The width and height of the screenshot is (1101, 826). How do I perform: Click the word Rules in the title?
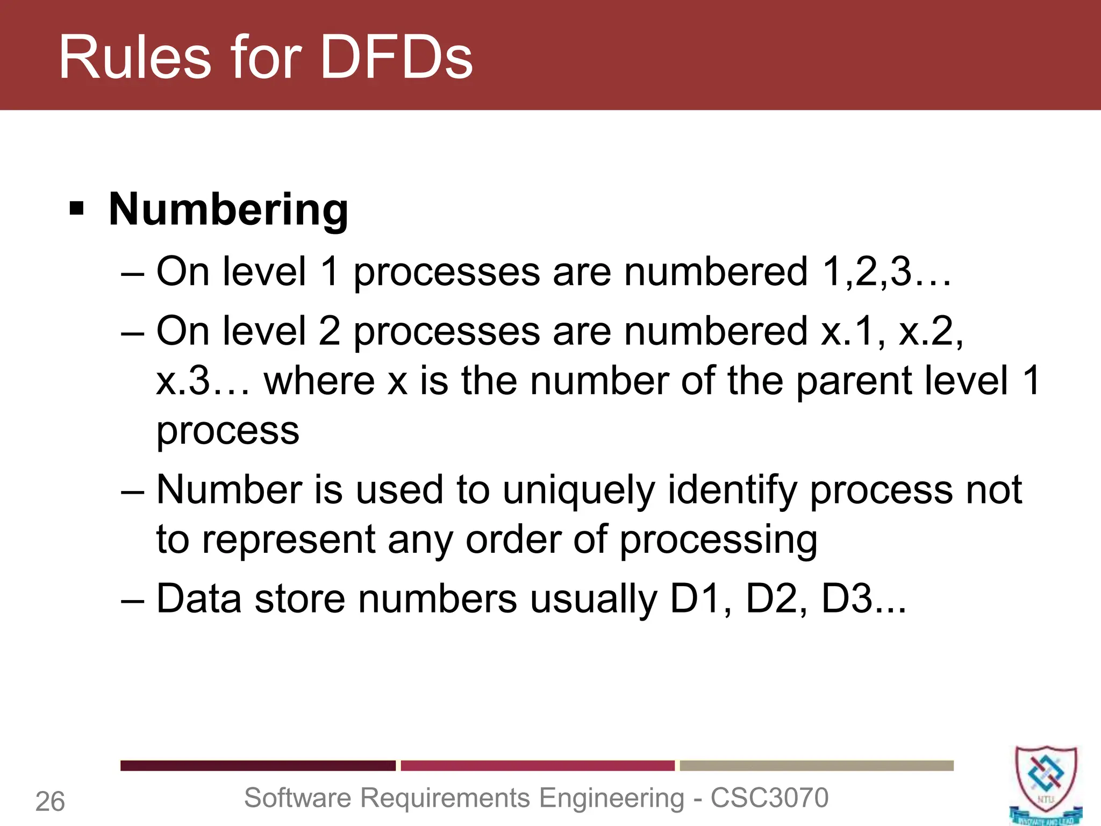point(135,57)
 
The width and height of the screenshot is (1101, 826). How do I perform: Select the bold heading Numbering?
point(228,209)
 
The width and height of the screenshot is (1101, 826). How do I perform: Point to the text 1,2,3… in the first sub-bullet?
point(886,271)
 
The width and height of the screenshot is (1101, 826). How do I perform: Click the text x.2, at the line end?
point(931,331)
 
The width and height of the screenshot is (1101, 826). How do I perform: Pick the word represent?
point(288,539)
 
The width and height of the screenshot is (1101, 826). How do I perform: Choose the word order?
point(513,539)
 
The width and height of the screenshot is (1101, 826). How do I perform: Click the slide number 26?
point(50,802)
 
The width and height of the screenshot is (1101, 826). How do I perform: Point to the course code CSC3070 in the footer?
point(769,797)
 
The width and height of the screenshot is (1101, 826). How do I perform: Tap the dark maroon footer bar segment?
point(258,766)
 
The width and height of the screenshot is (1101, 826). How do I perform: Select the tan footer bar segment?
point(817,766)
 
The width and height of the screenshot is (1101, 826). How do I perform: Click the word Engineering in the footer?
point(611,797)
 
